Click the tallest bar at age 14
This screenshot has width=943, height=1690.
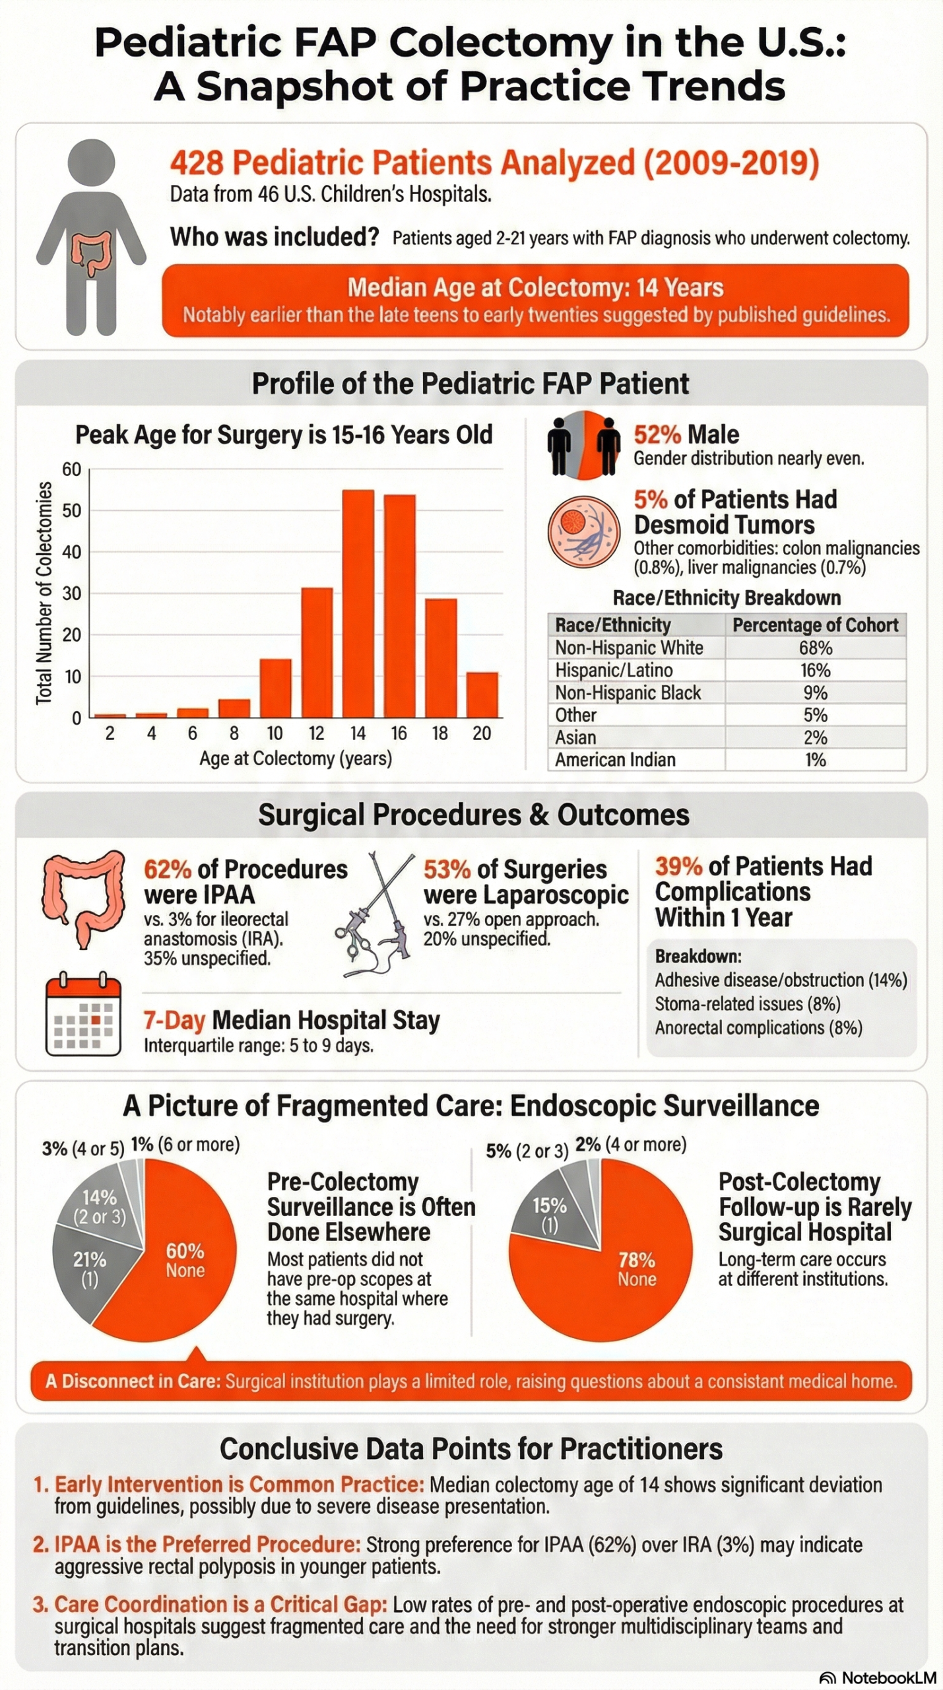tap(358, 603)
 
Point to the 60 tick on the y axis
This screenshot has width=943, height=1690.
tap(71, 469)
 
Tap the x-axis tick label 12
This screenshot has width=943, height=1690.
tap(316, 733)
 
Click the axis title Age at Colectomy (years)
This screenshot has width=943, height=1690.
tap(296, 759)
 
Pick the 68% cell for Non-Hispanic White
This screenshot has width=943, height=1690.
tap(815, 648)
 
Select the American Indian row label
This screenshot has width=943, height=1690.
tap(615, 760)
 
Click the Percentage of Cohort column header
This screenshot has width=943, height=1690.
tap(815, 625)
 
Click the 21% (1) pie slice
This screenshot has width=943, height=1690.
tap(89, 1269)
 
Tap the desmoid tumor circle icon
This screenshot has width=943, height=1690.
tap(583, 531)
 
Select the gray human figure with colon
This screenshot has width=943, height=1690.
tap(91, 238)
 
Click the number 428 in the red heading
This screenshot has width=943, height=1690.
tap(197, 162)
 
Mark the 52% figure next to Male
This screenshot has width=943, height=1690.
tap(657, 435)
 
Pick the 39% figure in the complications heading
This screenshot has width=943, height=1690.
tap(678, 866)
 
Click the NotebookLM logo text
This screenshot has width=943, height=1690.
tap(888, 1677)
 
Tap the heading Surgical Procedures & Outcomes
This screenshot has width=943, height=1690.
tap(473, 815)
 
